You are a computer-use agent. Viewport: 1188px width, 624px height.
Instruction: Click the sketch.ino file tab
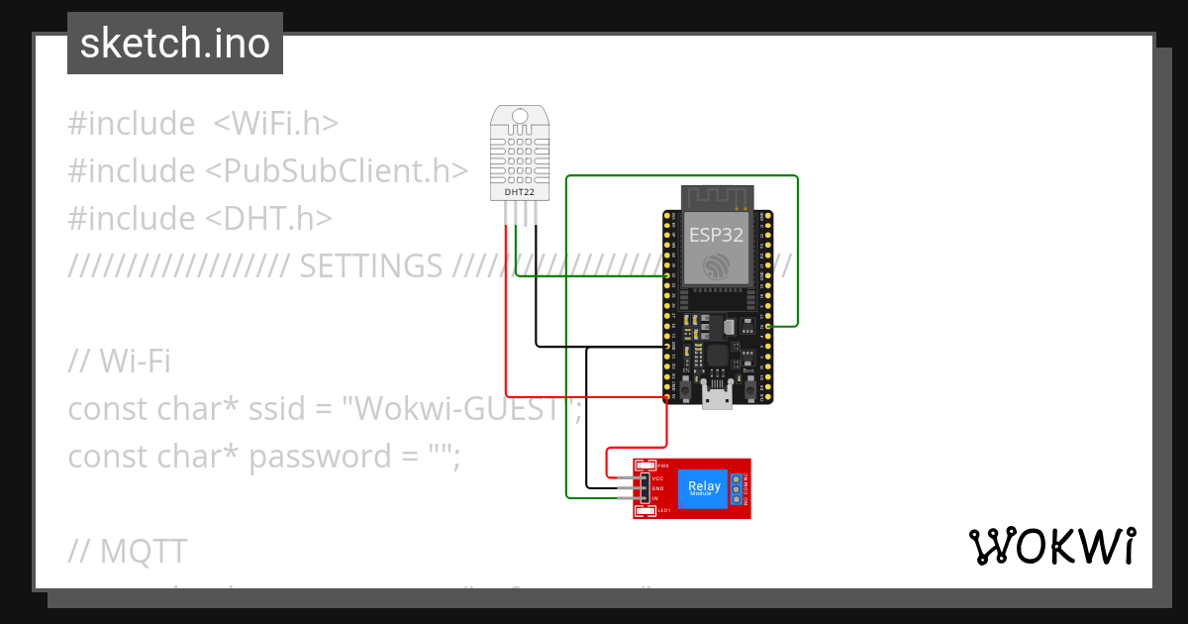coord(175,44)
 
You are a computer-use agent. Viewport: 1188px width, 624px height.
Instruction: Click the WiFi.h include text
coord(276,124)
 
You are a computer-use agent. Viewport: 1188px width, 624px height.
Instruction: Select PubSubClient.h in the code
coord(337,171)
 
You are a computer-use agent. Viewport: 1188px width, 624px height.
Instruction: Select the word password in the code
coord(314,457)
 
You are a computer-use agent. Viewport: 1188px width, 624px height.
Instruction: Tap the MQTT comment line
coord(128,551)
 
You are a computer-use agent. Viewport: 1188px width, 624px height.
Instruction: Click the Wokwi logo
coord(1052,546)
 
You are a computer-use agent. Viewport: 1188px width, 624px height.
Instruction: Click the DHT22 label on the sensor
coord(521,192)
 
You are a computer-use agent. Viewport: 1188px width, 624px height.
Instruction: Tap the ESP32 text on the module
coord(716,235)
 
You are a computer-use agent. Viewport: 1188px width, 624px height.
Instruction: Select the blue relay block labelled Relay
coord(704,487)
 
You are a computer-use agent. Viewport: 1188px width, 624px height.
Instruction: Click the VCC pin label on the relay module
coord(657,477)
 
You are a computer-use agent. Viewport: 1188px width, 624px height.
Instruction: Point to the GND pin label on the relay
coord(657,488)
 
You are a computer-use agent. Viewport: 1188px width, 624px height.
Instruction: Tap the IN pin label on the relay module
coord(655,498)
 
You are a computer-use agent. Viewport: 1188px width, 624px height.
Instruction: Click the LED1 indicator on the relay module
coord(646,511)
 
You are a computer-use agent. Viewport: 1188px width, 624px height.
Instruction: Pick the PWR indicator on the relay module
coord(646,466)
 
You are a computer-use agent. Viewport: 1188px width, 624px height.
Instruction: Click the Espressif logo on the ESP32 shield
coord(716,264)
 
